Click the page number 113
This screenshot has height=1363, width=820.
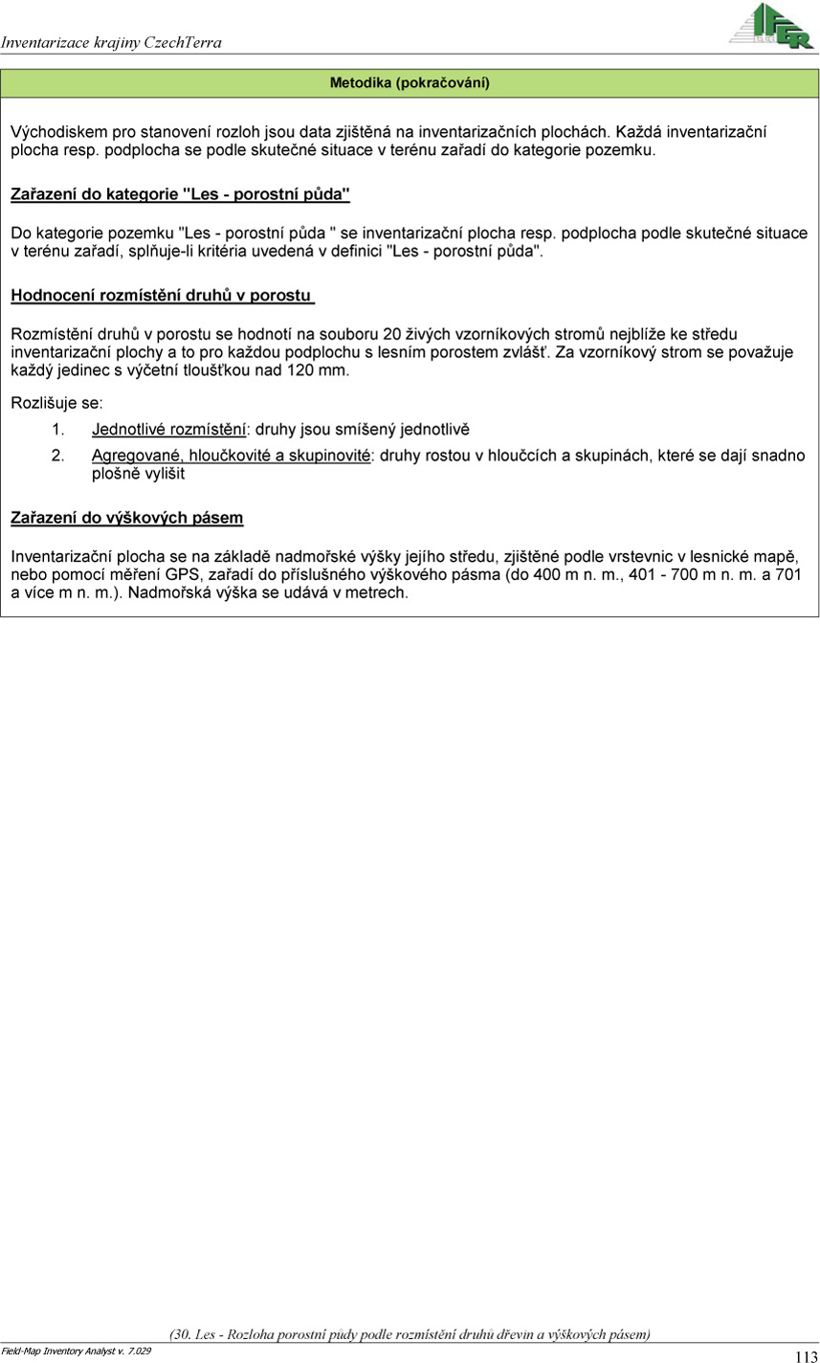point(806,1355)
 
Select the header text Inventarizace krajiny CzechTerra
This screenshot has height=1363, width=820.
point(111,42)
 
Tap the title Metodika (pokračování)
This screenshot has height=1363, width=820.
point(410,83)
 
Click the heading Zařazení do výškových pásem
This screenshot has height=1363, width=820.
point(126,518)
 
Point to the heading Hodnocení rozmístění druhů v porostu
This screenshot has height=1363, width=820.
point(163,296)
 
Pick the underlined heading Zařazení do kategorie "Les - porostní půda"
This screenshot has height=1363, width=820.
point(180,194)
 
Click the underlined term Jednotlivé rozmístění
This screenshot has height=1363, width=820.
point(169,429)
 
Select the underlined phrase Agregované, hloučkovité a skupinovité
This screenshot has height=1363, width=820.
point(231,456)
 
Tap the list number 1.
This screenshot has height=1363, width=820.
point(57,429)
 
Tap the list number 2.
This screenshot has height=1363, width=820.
point(57,456)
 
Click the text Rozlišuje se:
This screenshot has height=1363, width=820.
point(57,403)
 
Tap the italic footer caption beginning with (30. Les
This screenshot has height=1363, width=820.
point(410,1333)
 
